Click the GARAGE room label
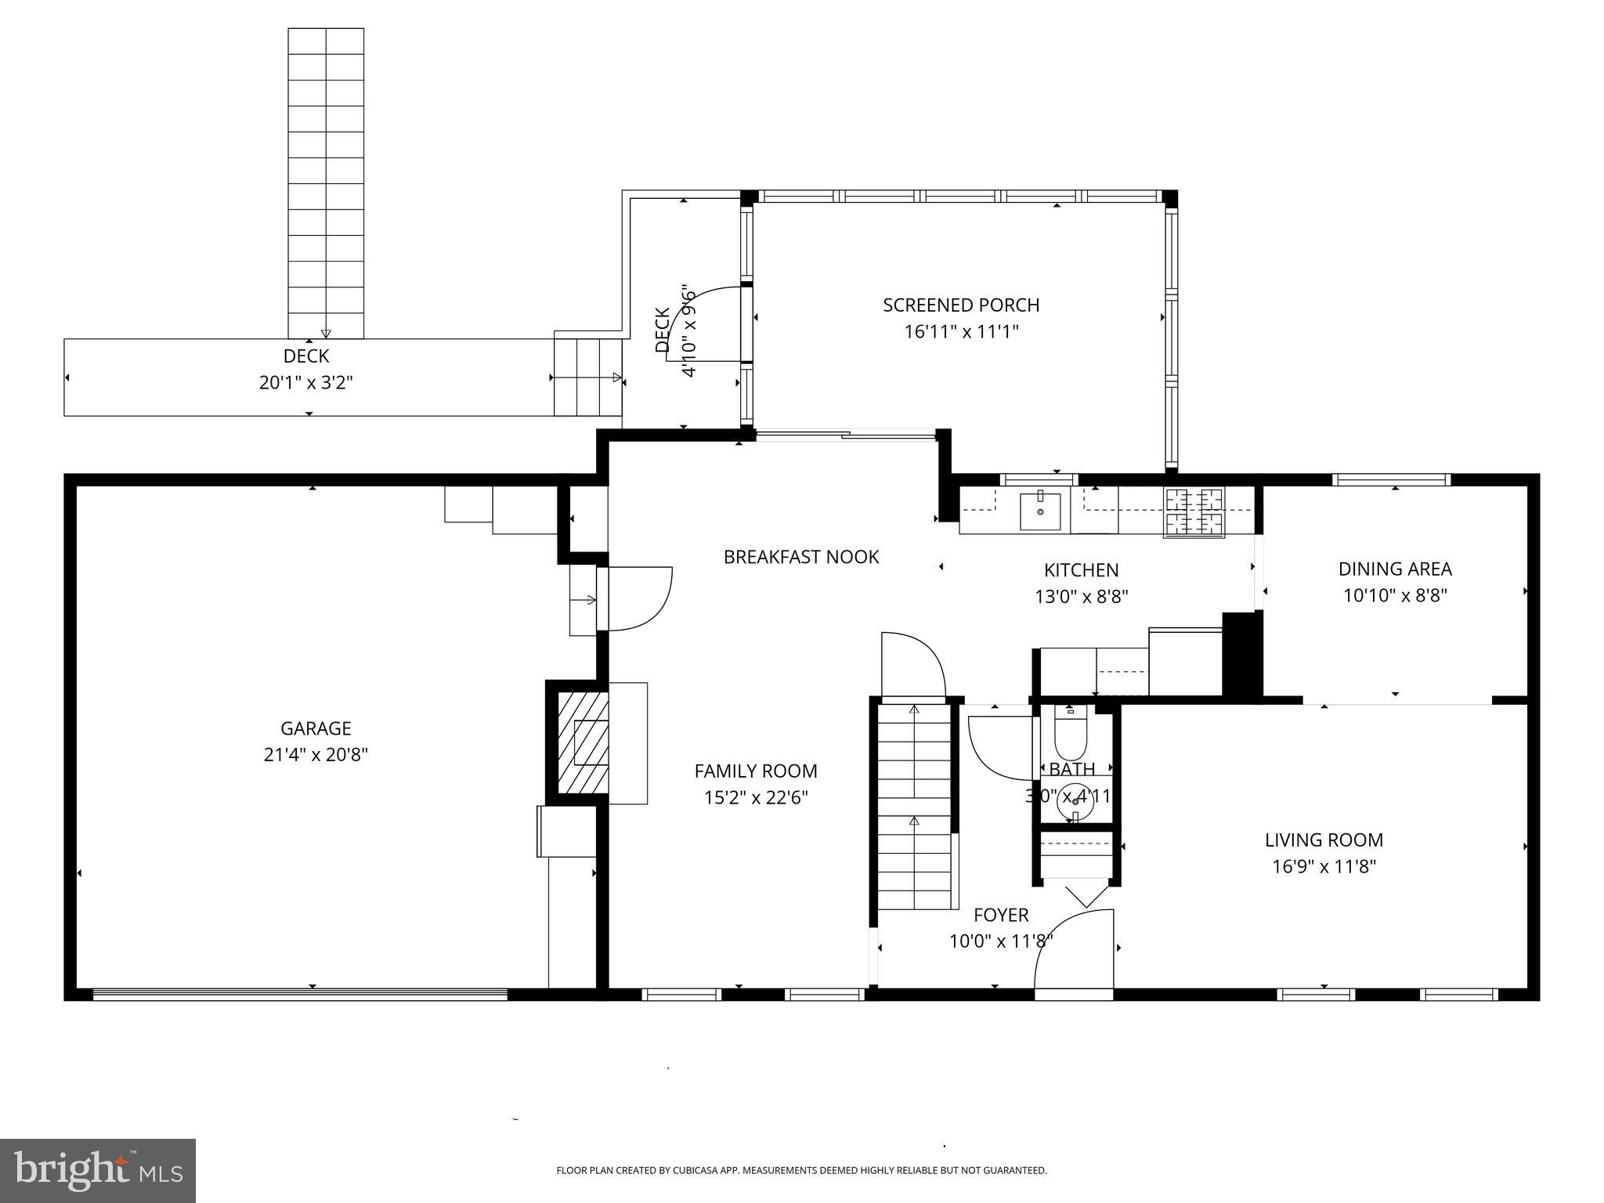[x=316, y=728]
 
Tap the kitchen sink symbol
[x=1040, y=511]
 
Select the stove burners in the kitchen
[x=1194, y=512]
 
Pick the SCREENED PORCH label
[x=961, y=305]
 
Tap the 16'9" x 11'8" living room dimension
[x=1324, y=867]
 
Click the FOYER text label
[x=1001, y=915]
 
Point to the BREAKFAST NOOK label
[x=801, y=557]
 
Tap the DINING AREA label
[x=1395, y=569]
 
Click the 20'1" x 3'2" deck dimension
[x=306, y=383]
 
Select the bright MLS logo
[x=98, y=1170]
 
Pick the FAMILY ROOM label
[x=756, y=771]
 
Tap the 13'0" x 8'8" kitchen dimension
[x=1081, y=597]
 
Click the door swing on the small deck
[x=705, y=324]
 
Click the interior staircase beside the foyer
[x=914, y=807]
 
